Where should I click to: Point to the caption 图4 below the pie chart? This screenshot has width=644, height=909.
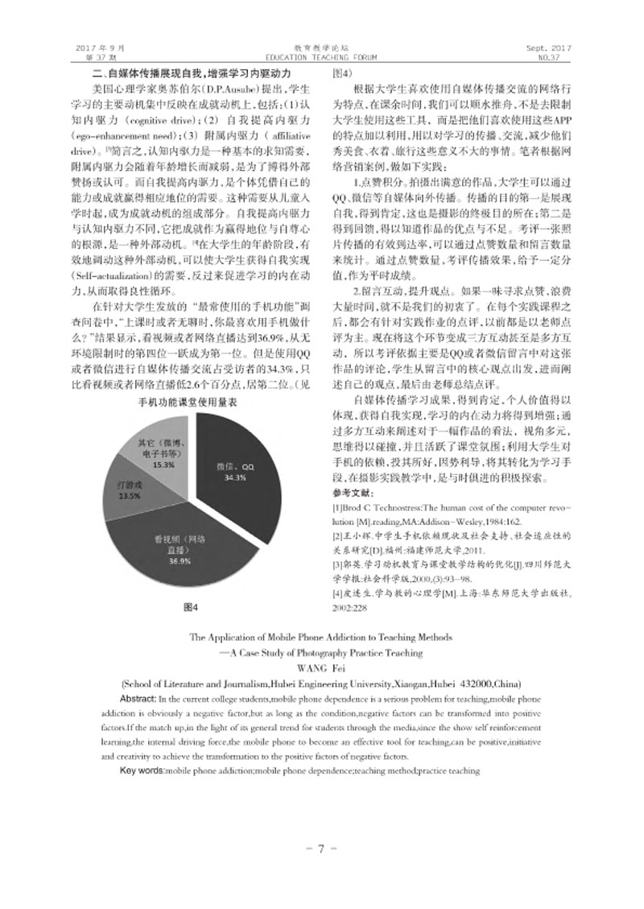190,605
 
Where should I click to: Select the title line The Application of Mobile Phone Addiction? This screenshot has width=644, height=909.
321,638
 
